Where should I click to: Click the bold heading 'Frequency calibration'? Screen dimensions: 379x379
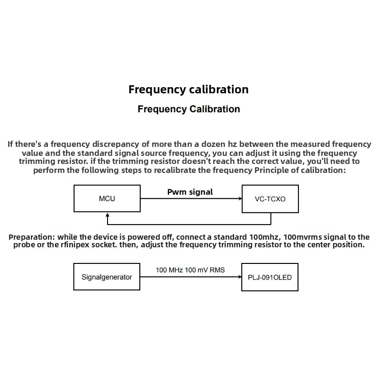point(189,90)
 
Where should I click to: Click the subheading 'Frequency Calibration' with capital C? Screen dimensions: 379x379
point(189,109)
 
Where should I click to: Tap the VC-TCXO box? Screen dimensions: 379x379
point(271,199)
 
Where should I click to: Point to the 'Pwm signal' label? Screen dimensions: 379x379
point(190,192)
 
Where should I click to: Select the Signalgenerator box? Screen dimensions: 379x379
point(107,277)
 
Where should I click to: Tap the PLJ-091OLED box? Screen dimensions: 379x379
point(270,277)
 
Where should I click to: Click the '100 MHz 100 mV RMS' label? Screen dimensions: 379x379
point(190,270)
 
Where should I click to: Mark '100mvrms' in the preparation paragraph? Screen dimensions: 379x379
point(302,237)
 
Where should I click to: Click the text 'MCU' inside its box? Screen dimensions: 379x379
point(107,199)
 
